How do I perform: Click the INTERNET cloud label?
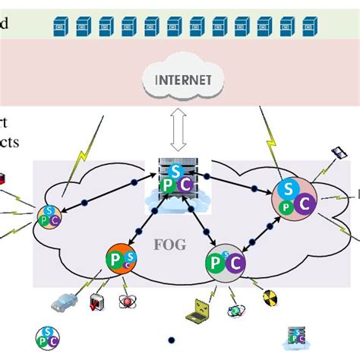point(179,80)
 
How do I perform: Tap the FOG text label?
point(171,245)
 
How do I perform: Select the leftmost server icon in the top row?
point(61,28)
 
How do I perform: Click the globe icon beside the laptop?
point(235,310)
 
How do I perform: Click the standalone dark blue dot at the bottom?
point(172,339)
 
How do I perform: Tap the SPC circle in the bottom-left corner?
point(46,336)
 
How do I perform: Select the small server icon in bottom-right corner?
point(295,336)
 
